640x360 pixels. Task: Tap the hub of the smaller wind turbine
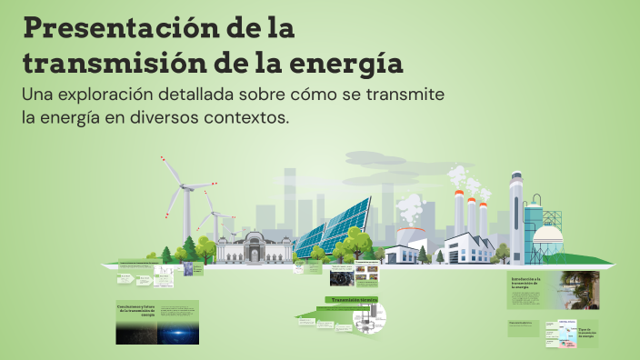click(x=214, y=215)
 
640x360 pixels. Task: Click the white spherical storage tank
click(x=548, y=237)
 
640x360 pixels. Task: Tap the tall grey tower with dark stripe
click(x=516, y=218)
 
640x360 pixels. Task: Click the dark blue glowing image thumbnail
click(x=177, y=330)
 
